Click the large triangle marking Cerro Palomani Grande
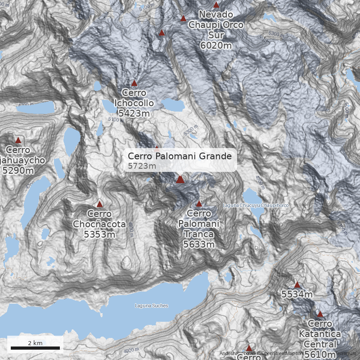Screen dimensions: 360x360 pos(180,180)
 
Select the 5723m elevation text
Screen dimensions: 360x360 pos(142,166)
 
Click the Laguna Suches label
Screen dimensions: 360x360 pos(151,306)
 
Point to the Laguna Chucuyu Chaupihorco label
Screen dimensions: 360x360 pos(255,206)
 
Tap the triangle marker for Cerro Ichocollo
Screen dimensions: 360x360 pos(134,83)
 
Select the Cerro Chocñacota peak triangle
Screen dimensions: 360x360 pos(100,204)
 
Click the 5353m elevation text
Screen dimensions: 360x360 pos(99,234)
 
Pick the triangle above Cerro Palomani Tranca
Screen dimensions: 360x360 pos(199,204)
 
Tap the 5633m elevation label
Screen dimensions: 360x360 pos(198,244)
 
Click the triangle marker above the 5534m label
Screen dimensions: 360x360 pos(297,285)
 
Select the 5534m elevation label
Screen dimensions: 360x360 pos(297,295)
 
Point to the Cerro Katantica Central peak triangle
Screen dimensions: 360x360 pos(320,314)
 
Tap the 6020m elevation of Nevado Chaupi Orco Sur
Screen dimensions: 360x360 pos(216,45)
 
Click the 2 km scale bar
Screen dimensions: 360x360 pos(35,348)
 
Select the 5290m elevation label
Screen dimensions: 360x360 pos(18,171)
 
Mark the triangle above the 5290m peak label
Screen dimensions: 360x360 pos(18,140)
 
